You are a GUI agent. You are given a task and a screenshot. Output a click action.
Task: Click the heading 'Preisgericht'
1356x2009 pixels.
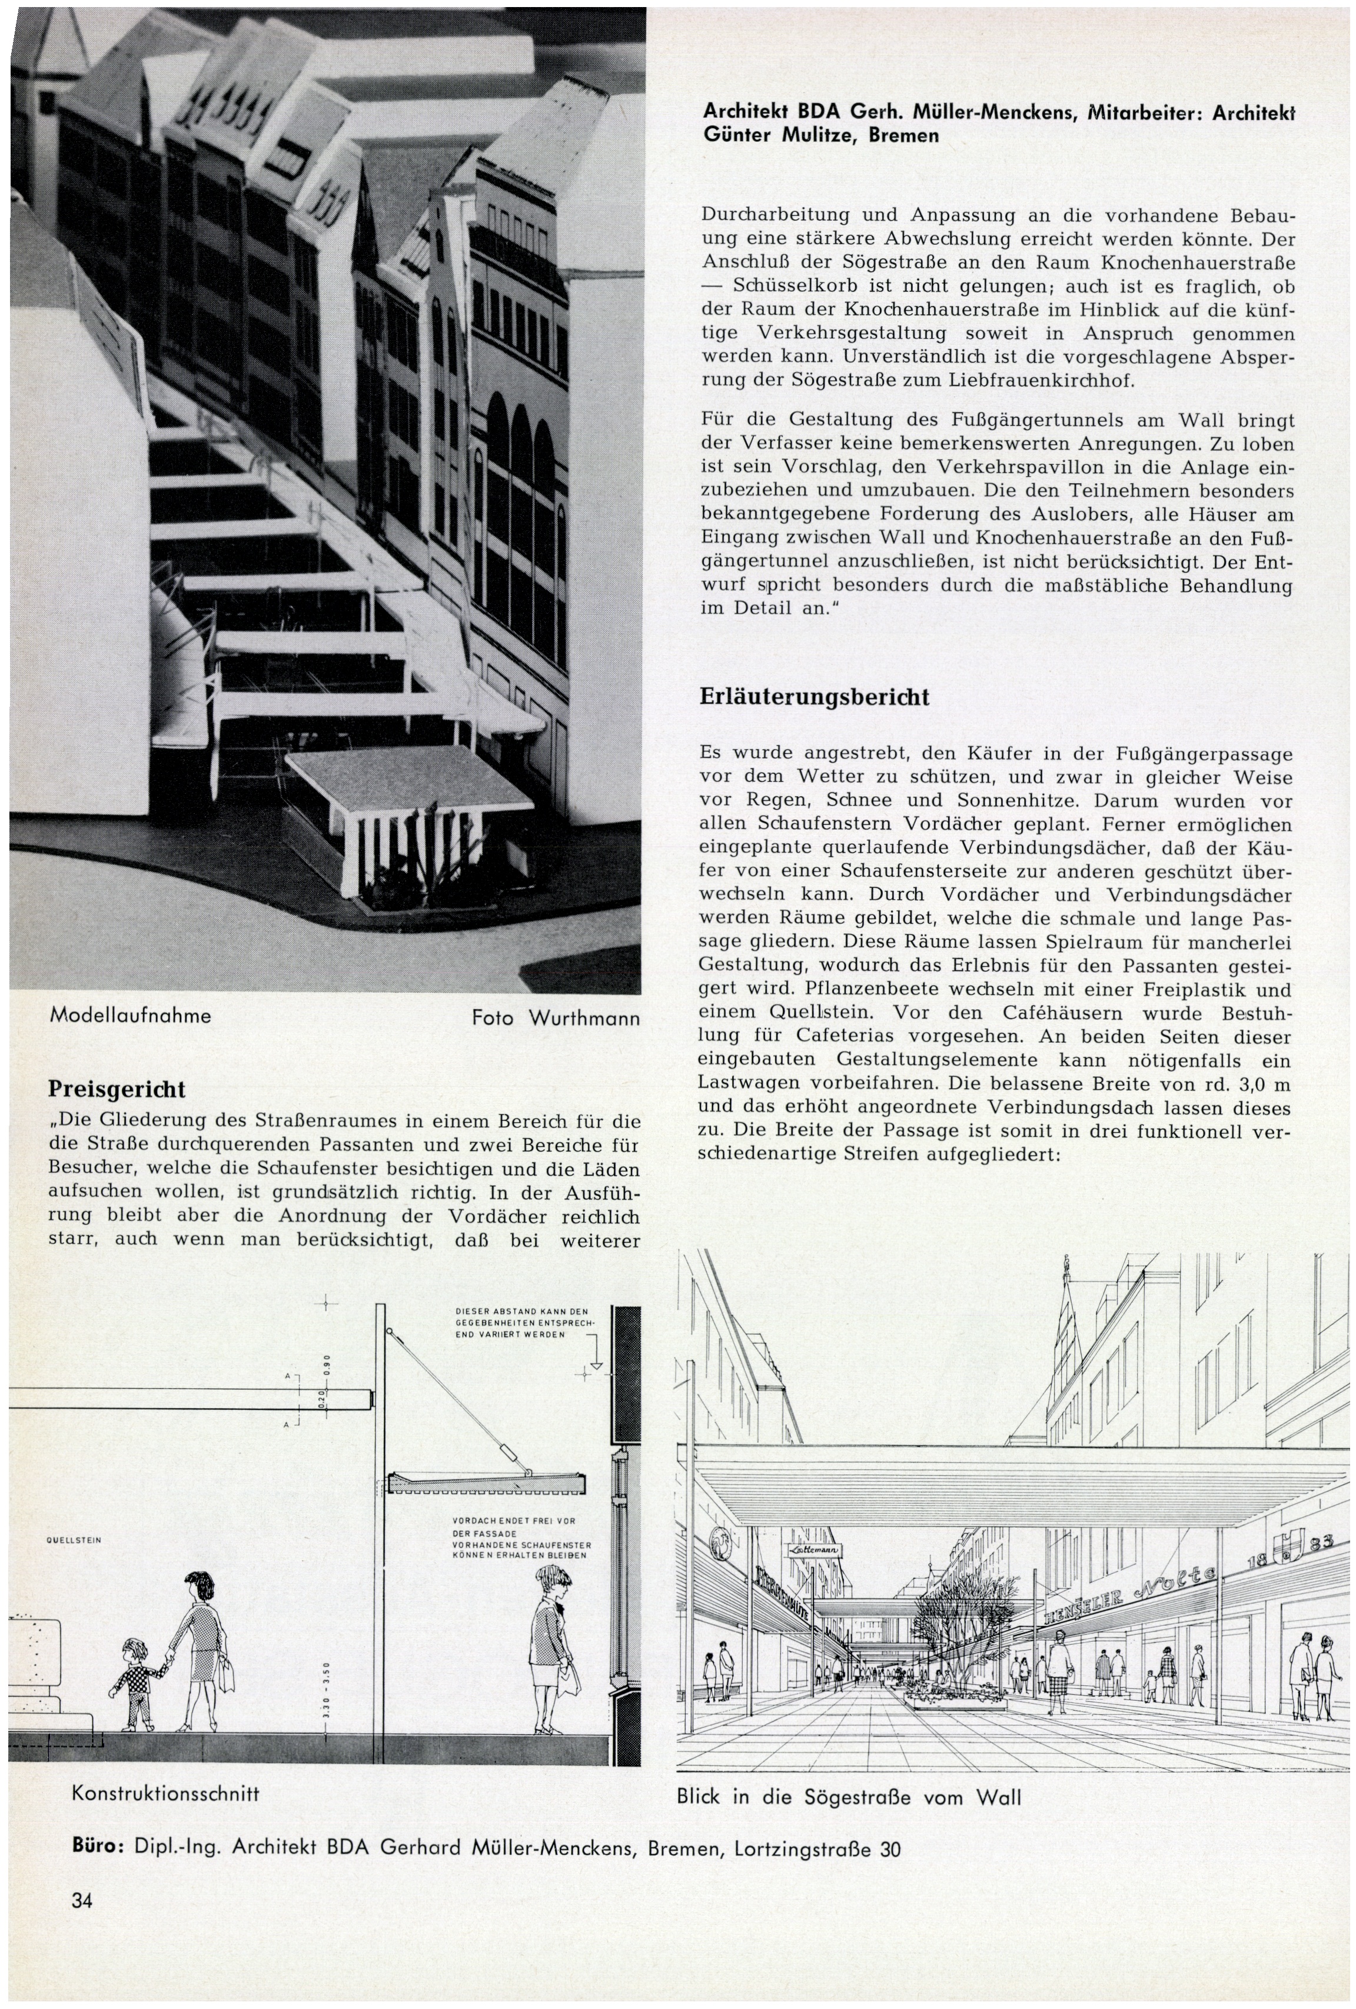[117, 1088]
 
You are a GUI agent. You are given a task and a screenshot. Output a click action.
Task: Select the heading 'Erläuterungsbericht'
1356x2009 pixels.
[814, 697]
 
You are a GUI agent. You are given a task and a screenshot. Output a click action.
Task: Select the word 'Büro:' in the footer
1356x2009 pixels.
[99, 1849]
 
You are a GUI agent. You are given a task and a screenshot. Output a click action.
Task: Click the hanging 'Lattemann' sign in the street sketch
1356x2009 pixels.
[810, 1552]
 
